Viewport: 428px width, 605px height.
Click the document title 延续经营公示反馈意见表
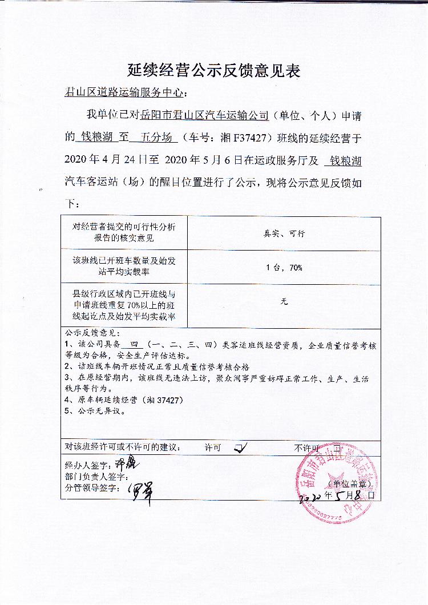coord(213,71)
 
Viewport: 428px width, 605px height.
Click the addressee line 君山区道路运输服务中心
coord(126,93)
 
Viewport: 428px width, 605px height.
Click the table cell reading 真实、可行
coord(284,233)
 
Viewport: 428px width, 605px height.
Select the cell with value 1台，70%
coord(284,267)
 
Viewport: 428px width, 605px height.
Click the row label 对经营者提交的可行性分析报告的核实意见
coord(124,232)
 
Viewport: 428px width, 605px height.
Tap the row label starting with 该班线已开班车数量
coord(124,267)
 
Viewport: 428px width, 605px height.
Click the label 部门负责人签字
coord(96,476)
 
